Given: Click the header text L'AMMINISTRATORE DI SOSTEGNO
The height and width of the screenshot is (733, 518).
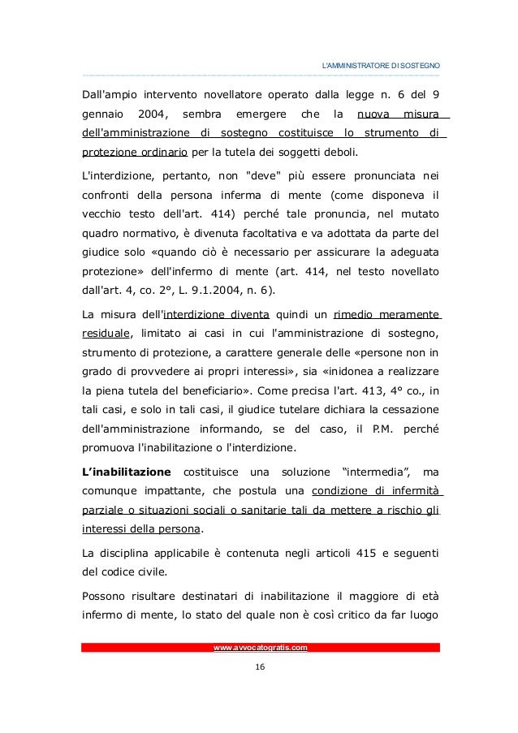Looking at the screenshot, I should (382, 64).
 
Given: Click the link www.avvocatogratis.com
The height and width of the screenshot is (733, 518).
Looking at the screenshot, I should (260, 647).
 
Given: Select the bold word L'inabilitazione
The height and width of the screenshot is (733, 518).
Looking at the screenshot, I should (127, 472).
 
